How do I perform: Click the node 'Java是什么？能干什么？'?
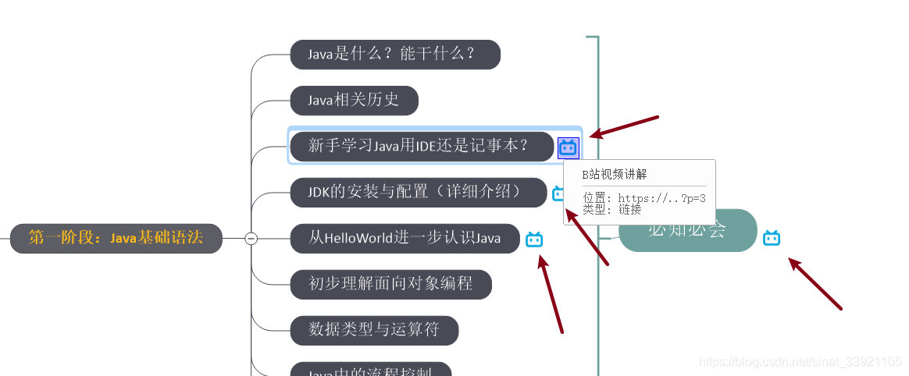[x=394, y=55]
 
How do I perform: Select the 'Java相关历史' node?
[x=354, y=101]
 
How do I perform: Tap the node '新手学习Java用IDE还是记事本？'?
[x=420, y=146]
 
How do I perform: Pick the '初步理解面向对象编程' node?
[x=390, y=284]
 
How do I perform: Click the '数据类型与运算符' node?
[x=374, y=330]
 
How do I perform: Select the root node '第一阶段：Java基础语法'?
[x=116, y=238]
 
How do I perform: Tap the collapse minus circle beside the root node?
[x=251, y=239]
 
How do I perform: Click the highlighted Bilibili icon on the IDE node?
[x=568, y=147]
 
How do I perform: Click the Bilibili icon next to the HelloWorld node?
[x=534, y=239]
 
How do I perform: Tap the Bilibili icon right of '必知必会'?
[x=772, y=238]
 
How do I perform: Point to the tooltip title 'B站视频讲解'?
[x=615, y=175]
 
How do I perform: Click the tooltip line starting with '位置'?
[x=644, y=198]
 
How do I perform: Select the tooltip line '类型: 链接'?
[x=612, y=209]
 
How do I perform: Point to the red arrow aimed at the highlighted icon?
[x=624, y=127]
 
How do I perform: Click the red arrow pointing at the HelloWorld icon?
[x=551, y=296]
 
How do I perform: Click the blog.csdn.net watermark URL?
[x=800, y=362]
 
